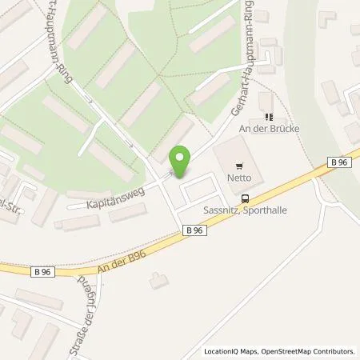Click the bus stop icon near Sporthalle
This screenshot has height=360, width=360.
coord(245,199)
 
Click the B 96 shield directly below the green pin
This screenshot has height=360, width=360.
coord(193,230)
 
